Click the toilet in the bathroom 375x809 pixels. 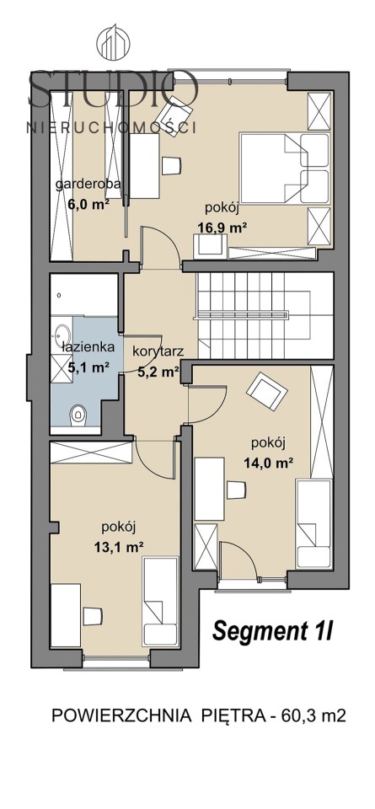pos(78,413)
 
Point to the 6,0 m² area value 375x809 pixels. pos(88,203)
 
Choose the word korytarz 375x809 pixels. pos(158,352)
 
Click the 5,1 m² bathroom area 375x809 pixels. pos(88,367)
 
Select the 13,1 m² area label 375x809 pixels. pos(118,548)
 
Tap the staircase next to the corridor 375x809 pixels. pos(265,315)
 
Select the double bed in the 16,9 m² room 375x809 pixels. pos(285,169)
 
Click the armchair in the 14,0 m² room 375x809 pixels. pos(266,388)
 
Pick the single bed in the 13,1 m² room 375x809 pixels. pos(160,602)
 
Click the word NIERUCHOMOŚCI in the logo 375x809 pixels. pos(111,127)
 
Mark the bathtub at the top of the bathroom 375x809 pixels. pos(84,295)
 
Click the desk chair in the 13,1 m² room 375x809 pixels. pos(94,615)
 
